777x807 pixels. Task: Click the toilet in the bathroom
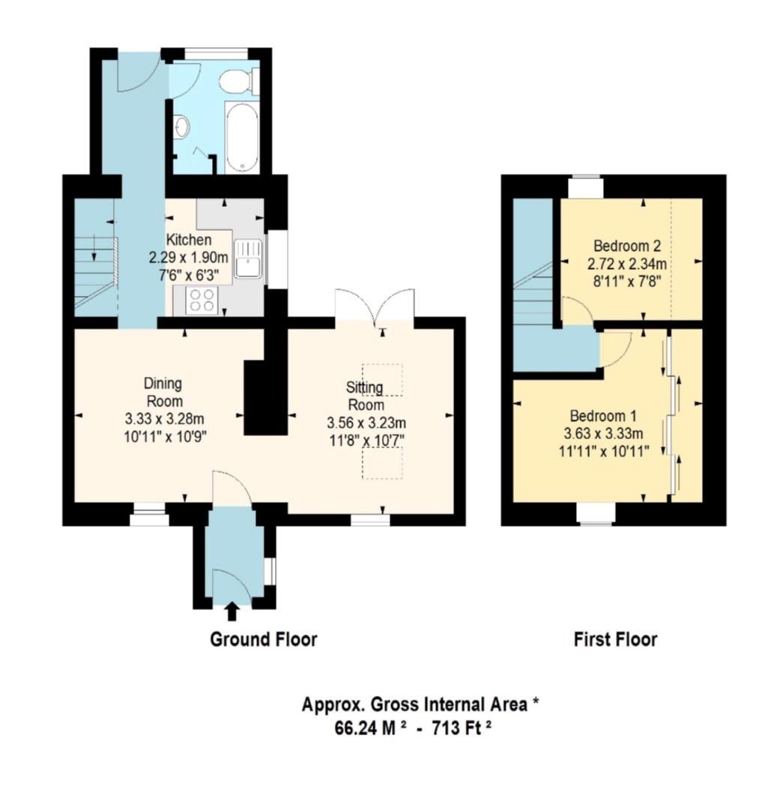[242, 81]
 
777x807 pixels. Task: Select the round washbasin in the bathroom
[181, 127]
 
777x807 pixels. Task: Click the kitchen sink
[247, 259]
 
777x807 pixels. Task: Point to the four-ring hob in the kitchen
[202, 300]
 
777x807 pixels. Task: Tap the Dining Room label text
[163, 392]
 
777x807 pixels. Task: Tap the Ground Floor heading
[263, 639]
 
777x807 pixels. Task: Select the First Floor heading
[615, 639]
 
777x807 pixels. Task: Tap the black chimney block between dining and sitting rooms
[265, 397]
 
